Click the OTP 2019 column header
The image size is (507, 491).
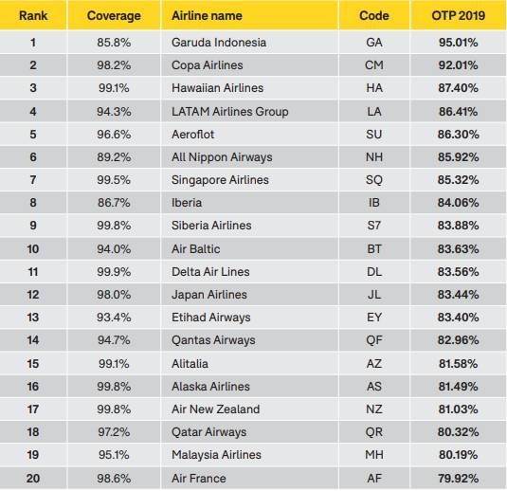[x=458, y=15]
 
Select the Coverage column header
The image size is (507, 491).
[x=114, y=16]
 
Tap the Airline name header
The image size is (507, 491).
[x=207, y=15]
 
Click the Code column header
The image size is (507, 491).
[x=374, y=15]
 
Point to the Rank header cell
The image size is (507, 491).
[x=33, y=15]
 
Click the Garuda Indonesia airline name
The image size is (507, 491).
[x=219, y=43]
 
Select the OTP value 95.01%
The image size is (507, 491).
[x=458, y=43]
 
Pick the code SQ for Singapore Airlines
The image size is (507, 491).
[x=374, y=180]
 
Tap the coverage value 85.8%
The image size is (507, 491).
[x=114, y=43]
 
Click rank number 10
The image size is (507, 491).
[x=33, y=249]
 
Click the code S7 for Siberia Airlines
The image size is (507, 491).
[x=374, y=226]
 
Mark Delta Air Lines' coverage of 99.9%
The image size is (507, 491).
[x=114, y=272]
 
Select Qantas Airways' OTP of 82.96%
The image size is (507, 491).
[x=458, y=340]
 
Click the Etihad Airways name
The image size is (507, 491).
[x=211, y=318]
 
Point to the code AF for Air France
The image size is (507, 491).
[x=374, y=479]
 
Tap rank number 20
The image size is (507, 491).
[x=33, y=479]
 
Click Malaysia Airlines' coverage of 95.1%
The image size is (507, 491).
[x=114, y=455]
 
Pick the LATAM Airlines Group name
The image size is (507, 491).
[x=230, y=112]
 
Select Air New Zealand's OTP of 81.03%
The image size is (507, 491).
[x=458, y=409]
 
